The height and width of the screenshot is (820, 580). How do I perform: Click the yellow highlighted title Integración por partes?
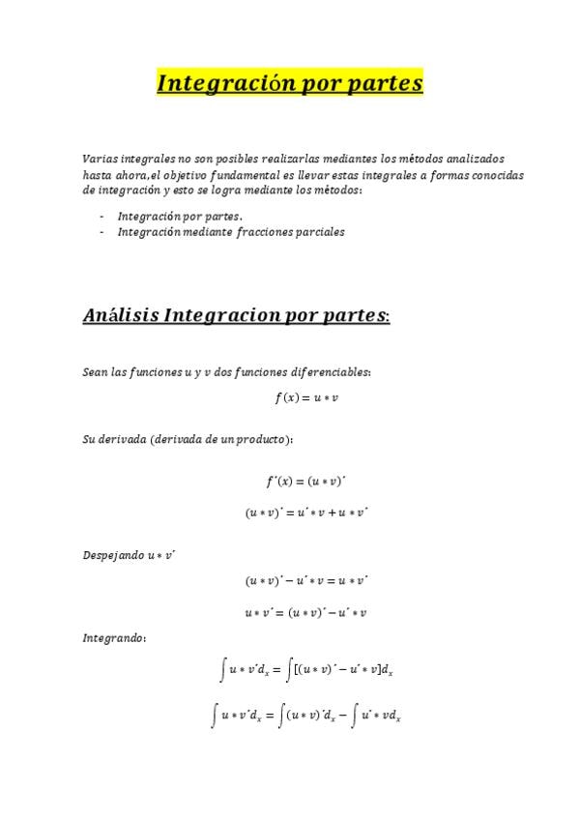coord(290,84)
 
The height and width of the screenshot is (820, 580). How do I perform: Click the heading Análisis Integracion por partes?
coord(236,315)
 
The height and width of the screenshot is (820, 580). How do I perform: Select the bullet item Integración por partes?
coord(180,217)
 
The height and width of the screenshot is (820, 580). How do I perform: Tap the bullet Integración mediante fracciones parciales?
coord(231,232)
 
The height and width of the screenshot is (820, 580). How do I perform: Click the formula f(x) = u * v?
coord(306,398)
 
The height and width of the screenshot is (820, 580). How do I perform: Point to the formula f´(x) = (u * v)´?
coord(305,481)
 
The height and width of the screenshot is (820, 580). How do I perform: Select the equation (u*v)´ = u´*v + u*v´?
coord(305,513)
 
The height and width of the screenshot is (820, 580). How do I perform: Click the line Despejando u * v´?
coord(129,555)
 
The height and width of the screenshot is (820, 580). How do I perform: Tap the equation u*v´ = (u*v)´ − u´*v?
coord(305,612)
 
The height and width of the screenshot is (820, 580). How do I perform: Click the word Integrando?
coord(113,639)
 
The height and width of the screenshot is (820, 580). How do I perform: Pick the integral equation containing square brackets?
coord(305,669)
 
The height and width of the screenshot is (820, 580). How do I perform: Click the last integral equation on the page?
coord(305,717)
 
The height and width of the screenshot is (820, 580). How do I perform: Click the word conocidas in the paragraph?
coord(497,175)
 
